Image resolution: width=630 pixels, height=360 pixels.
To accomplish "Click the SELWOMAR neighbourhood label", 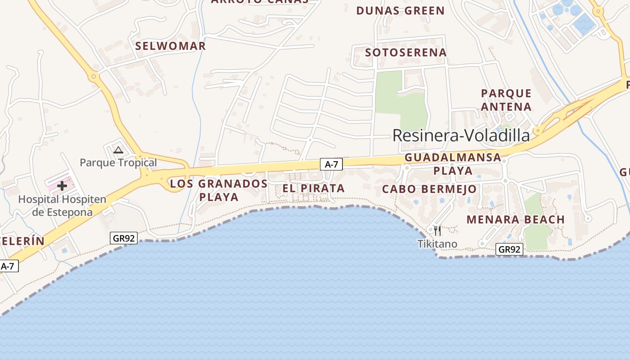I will click(171, 46).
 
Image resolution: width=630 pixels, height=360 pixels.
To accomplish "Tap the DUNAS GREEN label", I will click(400, 11).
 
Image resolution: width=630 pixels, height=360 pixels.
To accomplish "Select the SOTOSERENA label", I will click(406, 53).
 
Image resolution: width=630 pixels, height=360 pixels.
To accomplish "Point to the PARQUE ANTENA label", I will click(506, 100).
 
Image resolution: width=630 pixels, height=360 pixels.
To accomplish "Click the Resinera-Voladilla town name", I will click(461, 135).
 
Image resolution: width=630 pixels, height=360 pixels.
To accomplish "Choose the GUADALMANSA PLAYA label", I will click(453, 164).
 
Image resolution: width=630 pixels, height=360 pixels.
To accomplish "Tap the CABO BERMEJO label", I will click(429, 189).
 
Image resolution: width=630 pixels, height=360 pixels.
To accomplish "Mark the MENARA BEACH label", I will click(515, 220).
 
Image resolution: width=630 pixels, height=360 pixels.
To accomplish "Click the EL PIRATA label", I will click(313, 189).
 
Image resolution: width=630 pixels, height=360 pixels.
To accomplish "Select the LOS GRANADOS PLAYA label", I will click(219, 190).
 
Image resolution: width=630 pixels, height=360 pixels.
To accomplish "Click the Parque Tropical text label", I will click(118, 162).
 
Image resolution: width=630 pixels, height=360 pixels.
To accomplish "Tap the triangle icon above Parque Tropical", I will click(118, 150).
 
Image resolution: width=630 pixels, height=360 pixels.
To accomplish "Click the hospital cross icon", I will click(62, 185).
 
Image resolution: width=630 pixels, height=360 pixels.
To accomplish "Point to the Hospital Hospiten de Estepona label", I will click(62, 206).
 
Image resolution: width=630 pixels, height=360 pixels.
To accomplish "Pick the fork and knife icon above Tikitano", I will click(437, 231).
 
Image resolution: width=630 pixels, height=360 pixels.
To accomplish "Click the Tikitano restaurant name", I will click(437, 244).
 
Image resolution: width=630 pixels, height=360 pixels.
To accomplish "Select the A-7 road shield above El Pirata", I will click(331, 165).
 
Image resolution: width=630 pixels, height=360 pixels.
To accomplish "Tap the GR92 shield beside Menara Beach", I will click(509, 249).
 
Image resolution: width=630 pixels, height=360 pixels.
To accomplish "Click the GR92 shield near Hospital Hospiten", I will click(124, 238).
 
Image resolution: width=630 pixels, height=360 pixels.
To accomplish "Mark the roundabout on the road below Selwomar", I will click(94, 76).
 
